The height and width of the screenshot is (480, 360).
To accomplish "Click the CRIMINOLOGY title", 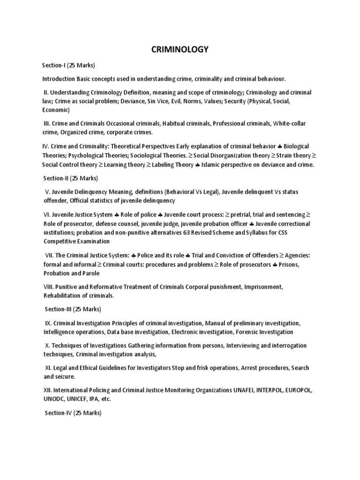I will point(180,49).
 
